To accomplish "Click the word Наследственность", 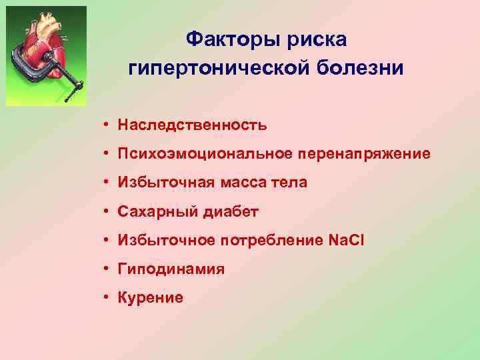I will [x=192, y=125].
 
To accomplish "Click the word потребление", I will [x=282, y=241].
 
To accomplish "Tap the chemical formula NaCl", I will [x=345, y=241].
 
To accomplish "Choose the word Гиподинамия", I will [x=171, y=269].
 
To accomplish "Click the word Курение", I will [x=150, y=298].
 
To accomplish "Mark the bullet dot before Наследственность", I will [x=106, y=125].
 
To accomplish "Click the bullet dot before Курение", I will [x=106, y=298].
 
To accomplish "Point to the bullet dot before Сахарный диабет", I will [x=106, y=212].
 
